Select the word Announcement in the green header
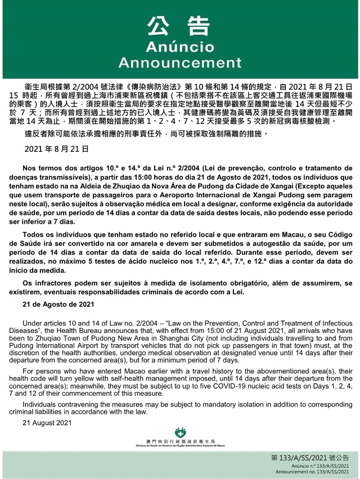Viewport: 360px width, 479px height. (x=179, y=61)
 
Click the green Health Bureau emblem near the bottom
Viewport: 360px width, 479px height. (x=179, y=433)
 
